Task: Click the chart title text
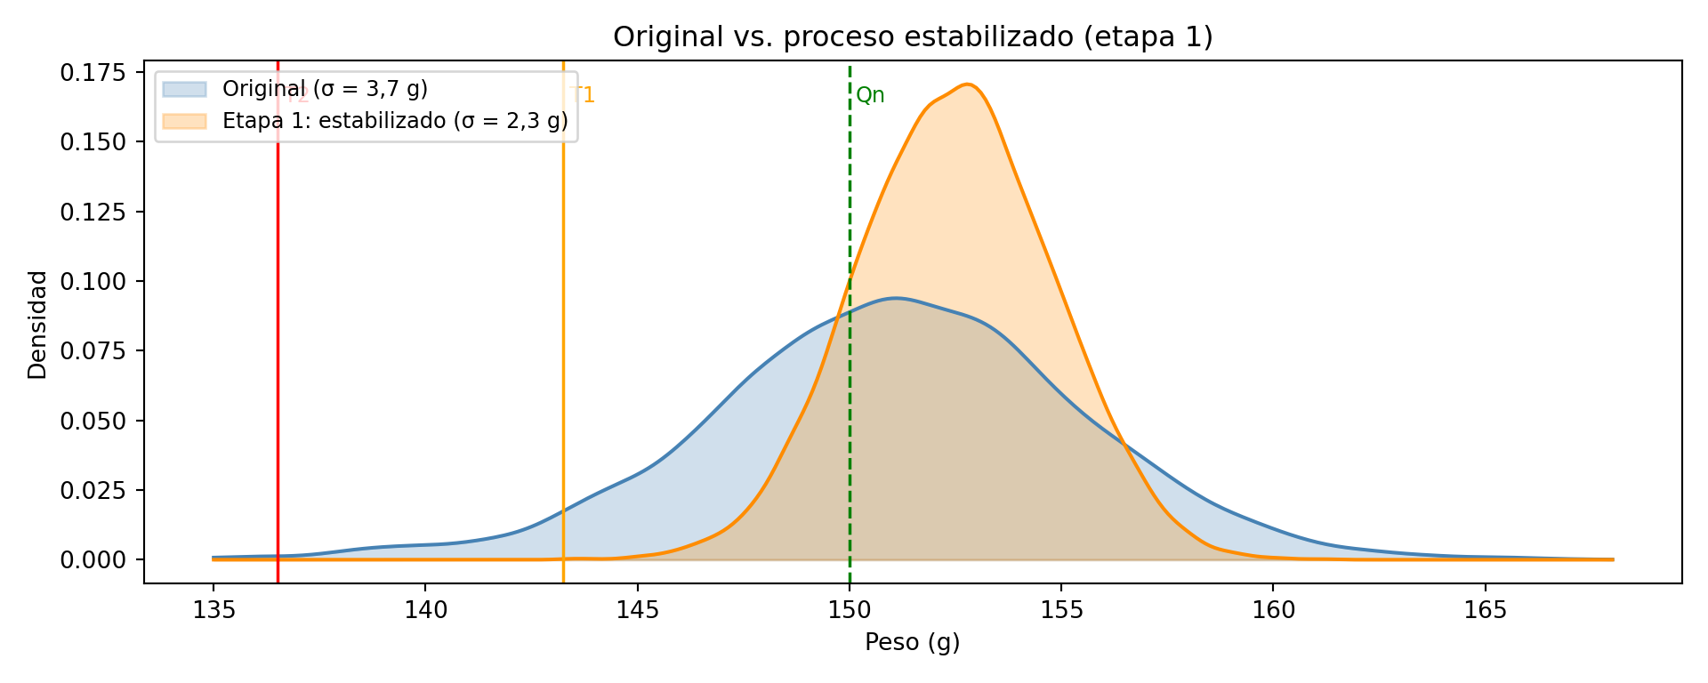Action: pyautogui.click(x=913, y=37)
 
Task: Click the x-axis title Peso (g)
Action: pyautogui.click(x=913, y=642)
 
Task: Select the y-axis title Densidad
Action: pyautogui.click(x=37, y=325)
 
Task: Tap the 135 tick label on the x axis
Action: pyautogui.click(x=213, y=610)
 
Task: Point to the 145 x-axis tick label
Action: pyautogui.click(x=638, y=610)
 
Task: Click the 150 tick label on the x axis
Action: pyautogui.click(x=850, y=610)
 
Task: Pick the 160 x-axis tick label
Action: pyautogui.click(x=1273, y=610)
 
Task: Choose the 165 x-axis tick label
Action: pyautogui.click(x=1485, y=610)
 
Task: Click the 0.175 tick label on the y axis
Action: pyautogui.click(x=93, y=73)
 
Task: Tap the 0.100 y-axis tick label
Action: pyautogui.click(x=93, y=282)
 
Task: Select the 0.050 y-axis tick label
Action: pyautogui.click(x=93, y=421)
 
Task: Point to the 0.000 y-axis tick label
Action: pyautogui.click(x=93, y=560)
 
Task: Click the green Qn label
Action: pyautogui.click(x=870, y=96)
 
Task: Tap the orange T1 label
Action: pyautogui.click(x=584, y=95)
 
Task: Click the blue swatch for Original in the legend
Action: pyautogui.click(x=184, y=90)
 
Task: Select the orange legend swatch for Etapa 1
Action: pyautogui.click(x=184, y=121)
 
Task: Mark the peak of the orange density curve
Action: pyautogui.click(x=969, y=84)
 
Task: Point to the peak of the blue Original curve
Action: pyautogui.click(x=895, y=298)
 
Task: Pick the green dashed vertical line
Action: pyautogui.click(x=850, y=222)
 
